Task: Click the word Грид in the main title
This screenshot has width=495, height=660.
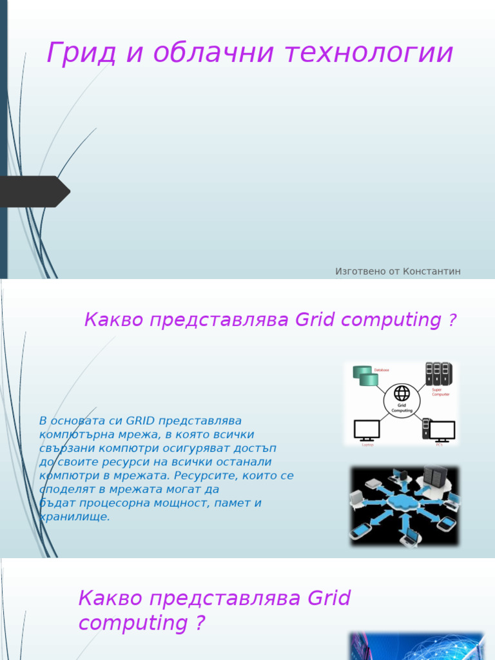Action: [81, 53]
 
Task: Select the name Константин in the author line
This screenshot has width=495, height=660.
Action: [432, 271]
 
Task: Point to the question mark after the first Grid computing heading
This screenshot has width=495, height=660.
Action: [452, 320]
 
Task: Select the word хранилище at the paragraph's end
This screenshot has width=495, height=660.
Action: [75, 517]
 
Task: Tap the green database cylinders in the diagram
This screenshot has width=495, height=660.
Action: [365, 376]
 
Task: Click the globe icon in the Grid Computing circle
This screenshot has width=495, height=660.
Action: [402, 393]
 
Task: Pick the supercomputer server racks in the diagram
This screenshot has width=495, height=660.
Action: [438, 373]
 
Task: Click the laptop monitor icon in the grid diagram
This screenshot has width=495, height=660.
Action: [367, 429]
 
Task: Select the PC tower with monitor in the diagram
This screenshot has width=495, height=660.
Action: [438, 429]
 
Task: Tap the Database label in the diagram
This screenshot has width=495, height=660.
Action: [382, 369]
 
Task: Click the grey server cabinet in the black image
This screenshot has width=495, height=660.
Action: [434, 477]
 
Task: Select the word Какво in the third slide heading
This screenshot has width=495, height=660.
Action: [110, 599]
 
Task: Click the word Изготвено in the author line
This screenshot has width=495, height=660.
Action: [360, 271]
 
